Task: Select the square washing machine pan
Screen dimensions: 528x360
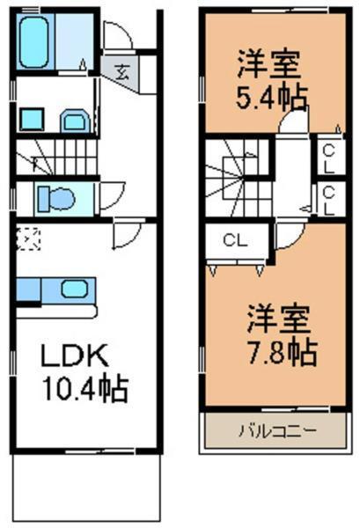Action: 29,119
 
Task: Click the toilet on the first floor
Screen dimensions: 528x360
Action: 58,199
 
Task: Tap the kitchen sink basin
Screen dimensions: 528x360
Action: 73,288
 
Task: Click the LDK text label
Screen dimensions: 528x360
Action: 74,356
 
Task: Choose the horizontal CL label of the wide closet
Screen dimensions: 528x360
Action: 233,238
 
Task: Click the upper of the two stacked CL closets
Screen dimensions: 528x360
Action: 327,158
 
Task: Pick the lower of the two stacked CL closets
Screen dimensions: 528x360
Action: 327,201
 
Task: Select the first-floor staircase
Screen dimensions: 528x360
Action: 55,158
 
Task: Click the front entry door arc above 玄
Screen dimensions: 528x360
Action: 117,36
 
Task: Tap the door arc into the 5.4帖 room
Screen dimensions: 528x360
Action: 290,123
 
